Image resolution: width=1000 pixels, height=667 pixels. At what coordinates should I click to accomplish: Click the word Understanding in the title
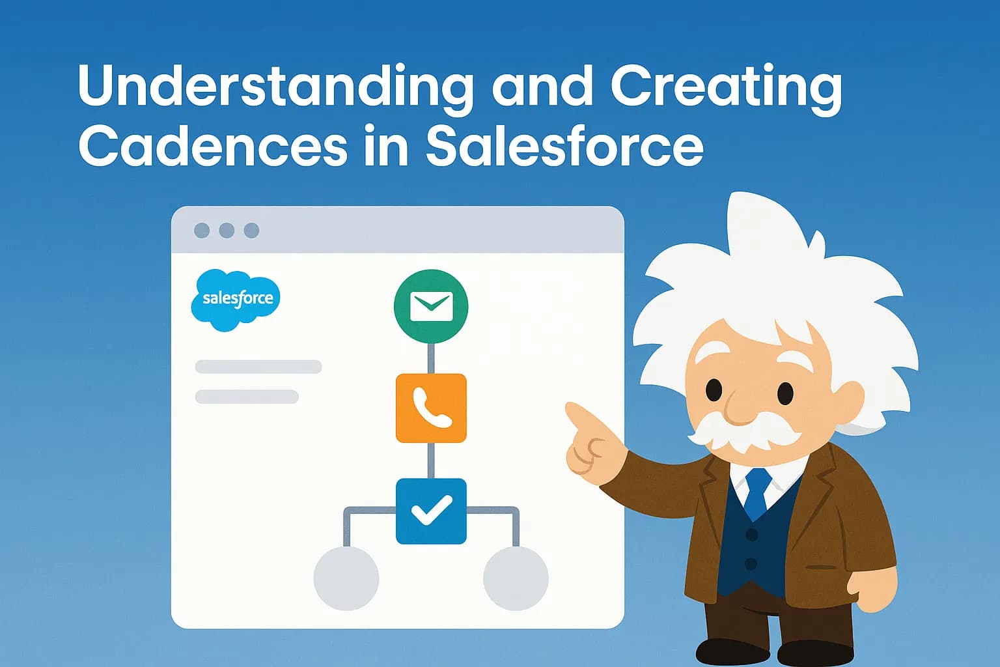tap(275, 87)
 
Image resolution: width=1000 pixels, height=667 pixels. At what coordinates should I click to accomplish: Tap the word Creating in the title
tap(726, 87)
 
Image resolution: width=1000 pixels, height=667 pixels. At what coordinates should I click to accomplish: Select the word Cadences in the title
tap(212, 146)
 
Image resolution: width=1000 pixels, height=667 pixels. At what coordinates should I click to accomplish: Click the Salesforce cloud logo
tap(236, 300)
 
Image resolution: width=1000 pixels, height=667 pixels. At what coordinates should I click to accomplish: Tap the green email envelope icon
tap(431, 306)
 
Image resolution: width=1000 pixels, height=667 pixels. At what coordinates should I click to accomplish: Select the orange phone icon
tap(431, 408)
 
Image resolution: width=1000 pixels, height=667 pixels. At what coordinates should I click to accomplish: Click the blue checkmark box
tap(431, 511)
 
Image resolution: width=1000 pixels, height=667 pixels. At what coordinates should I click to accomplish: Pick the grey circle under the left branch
tap(346, 578)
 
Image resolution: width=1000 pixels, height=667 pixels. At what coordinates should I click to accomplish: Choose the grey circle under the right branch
tap(516, 578)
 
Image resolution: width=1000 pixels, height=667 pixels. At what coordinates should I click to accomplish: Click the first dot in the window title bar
tap(202, 231)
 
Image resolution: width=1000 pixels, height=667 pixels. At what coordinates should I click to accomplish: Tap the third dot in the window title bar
tap(251, 231)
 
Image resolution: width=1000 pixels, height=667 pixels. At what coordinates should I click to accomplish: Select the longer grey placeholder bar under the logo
tap(258, 367)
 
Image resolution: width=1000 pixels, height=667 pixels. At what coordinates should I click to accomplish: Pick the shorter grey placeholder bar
tap(247, 397)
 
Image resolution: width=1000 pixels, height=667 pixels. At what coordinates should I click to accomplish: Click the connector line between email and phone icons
tap(431, 358)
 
